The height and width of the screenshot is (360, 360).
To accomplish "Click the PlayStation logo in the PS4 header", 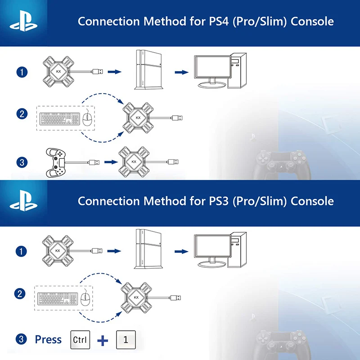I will point(25,22).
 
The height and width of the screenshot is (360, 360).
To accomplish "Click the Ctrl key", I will point(81,339).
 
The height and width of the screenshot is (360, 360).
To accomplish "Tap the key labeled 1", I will point(126,339).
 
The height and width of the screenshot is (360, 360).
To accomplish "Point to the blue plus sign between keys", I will point(103,340).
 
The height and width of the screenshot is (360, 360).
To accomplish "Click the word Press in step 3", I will point(48,339).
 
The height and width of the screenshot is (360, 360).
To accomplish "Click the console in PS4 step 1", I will point(149,71).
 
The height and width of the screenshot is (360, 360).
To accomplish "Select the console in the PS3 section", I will point(149,250).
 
